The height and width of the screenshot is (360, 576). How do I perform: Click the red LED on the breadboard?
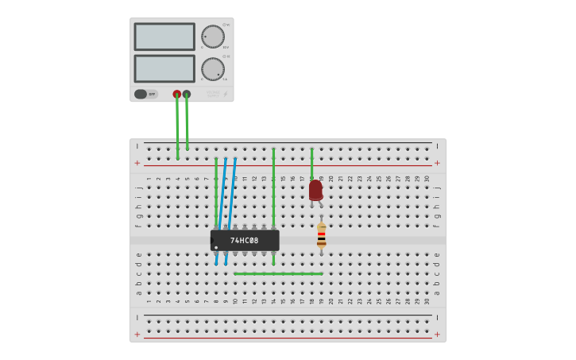[x=315, y=189]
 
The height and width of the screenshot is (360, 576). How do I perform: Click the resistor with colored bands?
[x=321, y=235]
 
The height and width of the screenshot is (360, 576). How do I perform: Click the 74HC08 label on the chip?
[x=245, y=240]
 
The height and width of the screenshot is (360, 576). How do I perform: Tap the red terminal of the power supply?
[x=177, y=94]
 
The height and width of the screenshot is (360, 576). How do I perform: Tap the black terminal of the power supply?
[x=187, y=94]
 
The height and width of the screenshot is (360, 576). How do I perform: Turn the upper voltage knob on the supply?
[x=213, y=37]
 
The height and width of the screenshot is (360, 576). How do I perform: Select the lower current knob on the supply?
[x=213, y=69]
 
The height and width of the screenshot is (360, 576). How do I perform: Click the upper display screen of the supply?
[x=164, y=37]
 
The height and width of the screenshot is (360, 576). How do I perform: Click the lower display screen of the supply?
[x=164, y=68]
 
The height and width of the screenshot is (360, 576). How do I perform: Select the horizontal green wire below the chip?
[x=278, y=273]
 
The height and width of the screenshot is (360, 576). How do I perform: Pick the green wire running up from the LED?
[x=311, y=163]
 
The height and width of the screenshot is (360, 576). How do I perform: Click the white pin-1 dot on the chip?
[x=216, y=247]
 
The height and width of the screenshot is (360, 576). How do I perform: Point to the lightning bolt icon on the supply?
[x=225, y=94]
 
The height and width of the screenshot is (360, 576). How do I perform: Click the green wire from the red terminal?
[x=177, y=127]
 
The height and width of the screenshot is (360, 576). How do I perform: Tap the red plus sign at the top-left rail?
[x=137, y=163]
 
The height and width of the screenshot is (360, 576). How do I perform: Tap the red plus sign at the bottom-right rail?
[x=437, y=334]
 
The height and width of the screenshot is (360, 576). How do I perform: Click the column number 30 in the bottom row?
[x=427, y=301]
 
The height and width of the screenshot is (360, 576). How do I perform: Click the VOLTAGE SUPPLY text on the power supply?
[x=213, y=94]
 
